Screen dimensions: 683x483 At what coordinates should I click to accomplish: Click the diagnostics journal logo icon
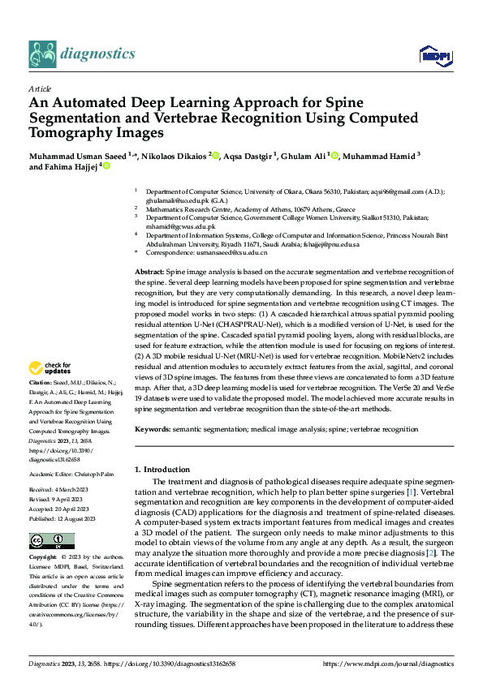(42, 54)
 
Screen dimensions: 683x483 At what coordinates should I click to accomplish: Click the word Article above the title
(40, 88)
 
